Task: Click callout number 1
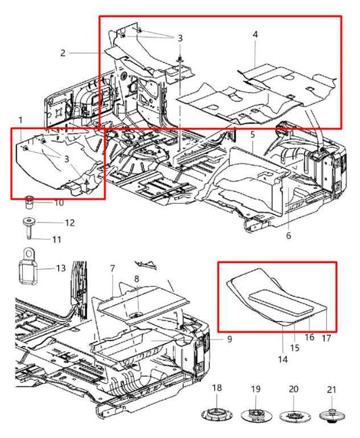click(x=21, y=120)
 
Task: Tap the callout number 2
click(x=62, y=53)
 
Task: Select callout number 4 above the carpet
click(x=255, y=34)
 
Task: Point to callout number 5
click(x=252, y=135)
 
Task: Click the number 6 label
click(x=288, y=235)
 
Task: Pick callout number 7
click(x=113, y=269)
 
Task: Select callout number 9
click(x=229, y=339)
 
